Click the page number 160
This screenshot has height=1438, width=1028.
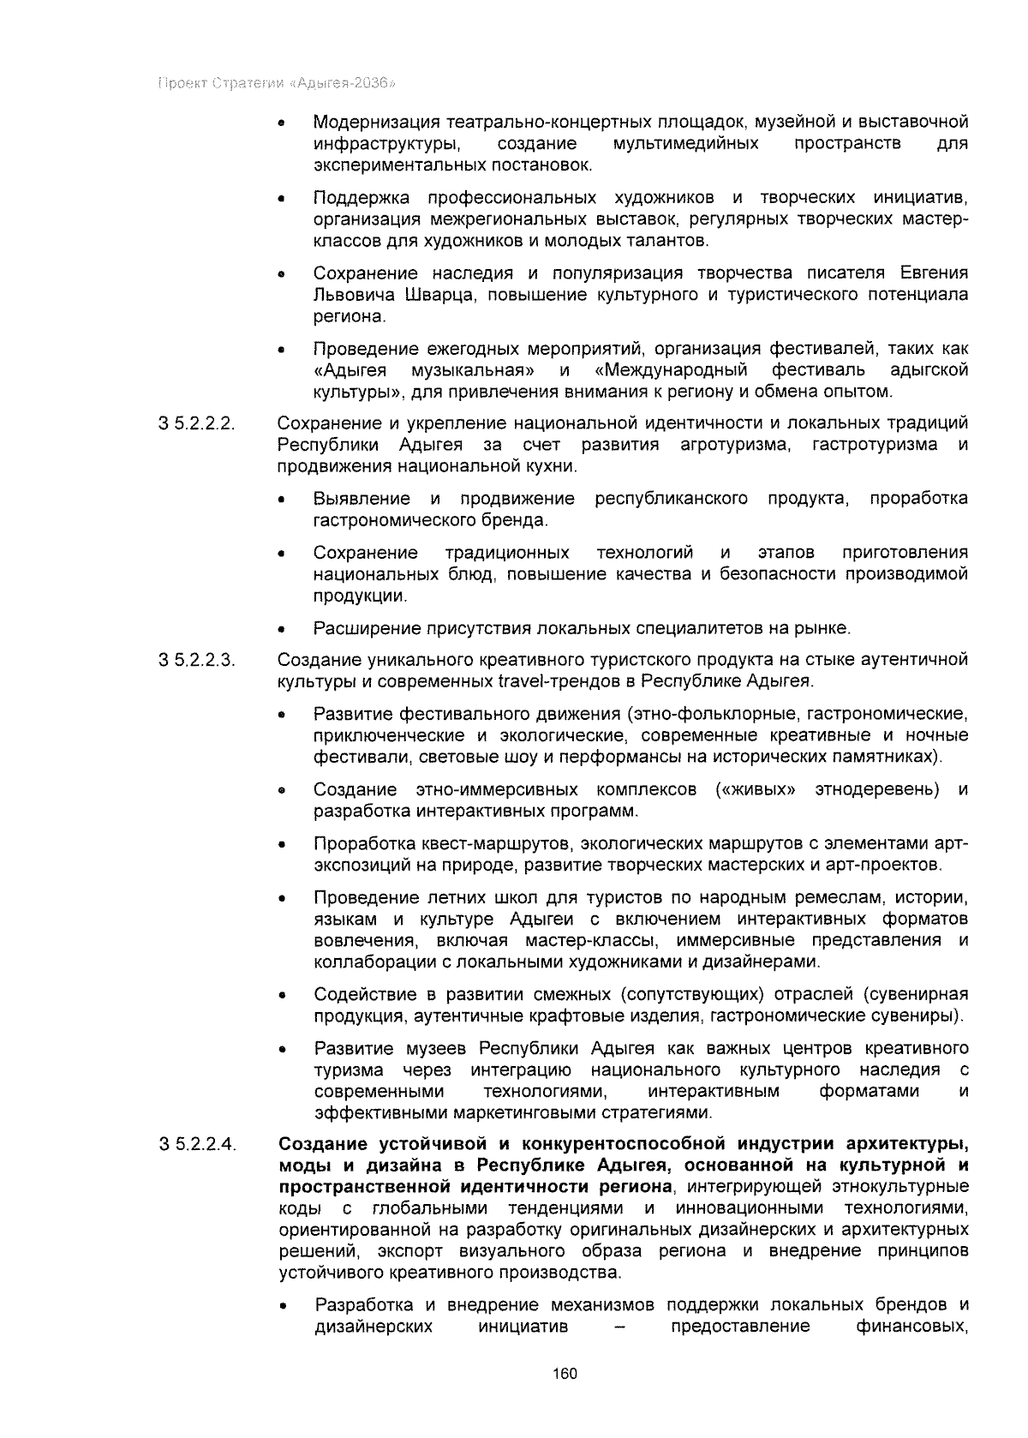tap(565, 1374)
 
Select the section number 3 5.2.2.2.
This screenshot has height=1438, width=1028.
tap(197, 424)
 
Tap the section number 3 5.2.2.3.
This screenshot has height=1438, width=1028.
tap(197, 661)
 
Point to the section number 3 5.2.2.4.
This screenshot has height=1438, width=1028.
tap(197, 1145)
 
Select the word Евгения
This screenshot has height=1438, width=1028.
tap(934, 274)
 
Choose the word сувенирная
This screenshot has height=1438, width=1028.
tap(925, 995)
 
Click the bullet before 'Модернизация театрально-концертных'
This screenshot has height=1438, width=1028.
tap(282, 123)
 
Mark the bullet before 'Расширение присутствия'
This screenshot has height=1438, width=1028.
tap(282, 630)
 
